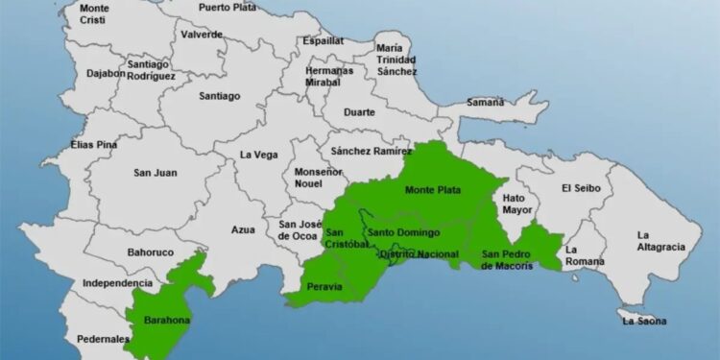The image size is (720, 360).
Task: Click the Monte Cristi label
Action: [94, 14]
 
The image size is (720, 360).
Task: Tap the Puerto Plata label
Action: [228, 8]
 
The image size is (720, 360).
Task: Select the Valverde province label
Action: [202, 35]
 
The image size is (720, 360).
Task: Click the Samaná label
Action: [485, 102]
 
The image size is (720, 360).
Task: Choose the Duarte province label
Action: [361, 111]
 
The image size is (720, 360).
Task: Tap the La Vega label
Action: [257, 154]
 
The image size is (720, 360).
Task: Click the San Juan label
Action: [155, 173]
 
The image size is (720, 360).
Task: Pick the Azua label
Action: [244, 229]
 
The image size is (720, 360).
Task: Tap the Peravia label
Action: [324, 287]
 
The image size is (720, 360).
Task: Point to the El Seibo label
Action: [581, 188]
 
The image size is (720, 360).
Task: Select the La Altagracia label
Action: [661, 240]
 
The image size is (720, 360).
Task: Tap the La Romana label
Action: [585, 254]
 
